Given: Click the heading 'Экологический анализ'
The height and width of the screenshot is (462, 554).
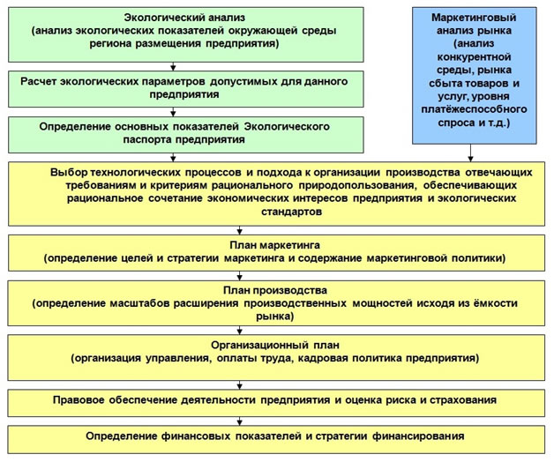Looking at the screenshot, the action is [x=184, y=18].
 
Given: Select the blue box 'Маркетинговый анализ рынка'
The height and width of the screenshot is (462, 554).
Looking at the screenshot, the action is [x=474, y=76].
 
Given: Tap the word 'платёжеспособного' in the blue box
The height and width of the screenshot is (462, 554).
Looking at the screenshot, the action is [x=474, y=109].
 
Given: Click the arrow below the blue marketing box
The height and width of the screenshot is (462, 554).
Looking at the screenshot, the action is [x=470, y=153].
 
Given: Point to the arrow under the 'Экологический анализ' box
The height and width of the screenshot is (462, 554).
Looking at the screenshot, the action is [x=173, y=66].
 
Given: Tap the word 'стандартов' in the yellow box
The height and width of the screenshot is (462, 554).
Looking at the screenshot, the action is [x=291, y=212].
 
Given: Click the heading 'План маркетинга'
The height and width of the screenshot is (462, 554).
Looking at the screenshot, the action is [x=275, y=245].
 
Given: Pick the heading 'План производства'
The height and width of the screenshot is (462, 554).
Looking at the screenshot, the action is [x=275, y=290].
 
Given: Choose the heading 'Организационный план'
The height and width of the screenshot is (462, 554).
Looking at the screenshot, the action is [x=275, y=345].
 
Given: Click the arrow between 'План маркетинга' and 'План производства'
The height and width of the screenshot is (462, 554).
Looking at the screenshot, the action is [x=240, y=276].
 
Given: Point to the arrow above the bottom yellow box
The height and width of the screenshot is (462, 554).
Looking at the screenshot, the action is [x=240, y=421].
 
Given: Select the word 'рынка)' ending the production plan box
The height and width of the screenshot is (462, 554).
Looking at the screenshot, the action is [x=275, y=317].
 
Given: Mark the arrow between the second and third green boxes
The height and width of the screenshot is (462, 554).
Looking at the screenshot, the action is [x=173, y=112].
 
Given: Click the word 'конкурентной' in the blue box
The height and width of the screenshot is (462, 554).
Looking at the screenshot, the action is [x=474, y=56].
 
